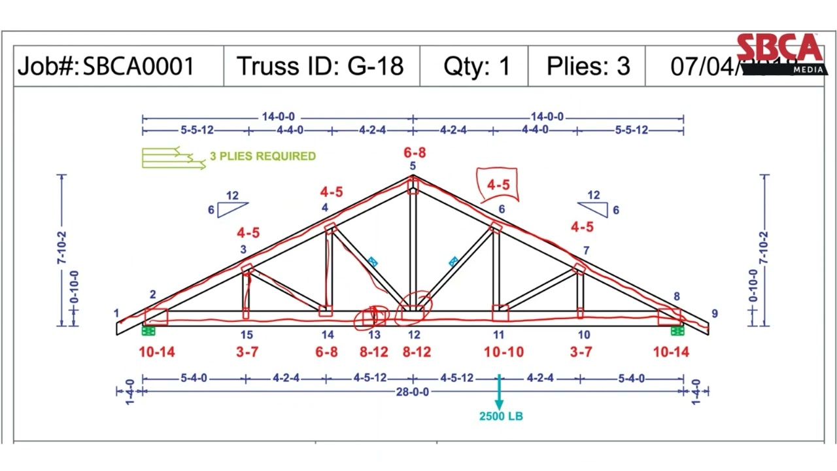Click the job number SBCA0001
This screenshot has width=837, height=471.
[x=138, y=66]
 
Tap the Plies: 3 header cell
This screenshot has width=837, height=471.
[x=588, y=66]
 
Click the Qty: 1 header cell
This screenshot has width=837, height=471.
[x=476, y=66]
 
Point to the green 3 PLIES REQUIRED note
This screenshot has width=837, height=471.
[x=262, y=156]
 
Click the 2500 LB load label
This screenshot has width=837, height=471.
[x=501, y=416]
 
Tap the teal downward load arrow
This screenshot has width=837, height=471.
[x=499, y=392]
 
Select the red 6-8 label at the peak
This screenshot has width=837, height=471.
[x=414, y=152]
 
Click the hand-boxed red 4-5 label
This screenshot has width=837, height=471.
[x=498, y=185]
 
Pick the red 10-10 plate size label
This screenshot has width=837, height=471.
[x=504, y=352]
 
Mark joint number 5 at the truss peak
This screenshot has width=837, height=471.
[x=413, y=166]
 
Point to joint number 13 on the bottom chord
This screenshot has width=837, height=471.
[x=374, y=335]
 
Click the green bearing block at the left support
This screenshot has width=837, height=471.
[x=148, y=331]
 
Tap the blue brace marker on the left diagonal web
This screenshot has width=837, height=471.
[x=372, y=262]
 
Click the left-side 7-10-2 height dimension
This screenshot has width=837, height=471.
[x=63, y=249]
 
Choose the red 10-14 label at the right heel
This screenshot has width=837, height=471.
[x=671, y=352]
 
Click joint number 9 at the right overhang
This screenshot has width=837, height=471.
[x=714, y=314]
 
